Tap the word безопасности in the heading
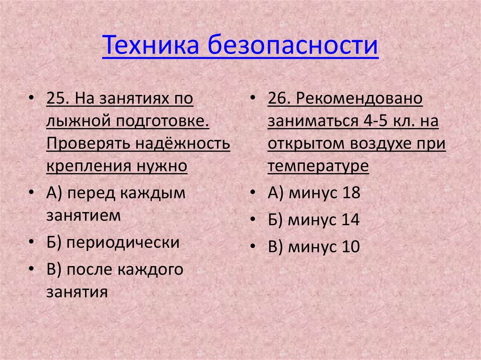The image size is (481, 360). point(292,46)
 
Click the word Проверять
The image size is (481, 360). point(89,144)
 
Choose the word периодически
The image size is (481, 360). point(123,243)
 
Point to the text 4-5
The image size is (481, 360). point(374,122)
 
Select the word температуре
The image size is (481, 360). point(318,166)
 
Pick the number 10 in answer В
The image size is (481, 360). point(350,247)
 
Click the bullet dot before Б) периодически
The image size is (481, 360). point(31,243)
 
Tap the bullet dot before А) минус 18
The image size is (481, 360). point(253,193)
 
